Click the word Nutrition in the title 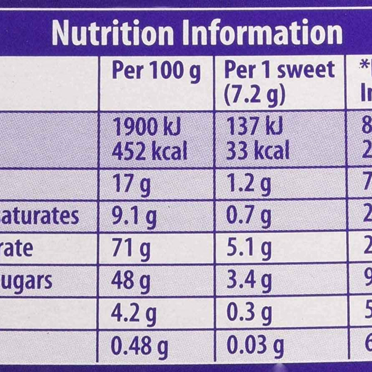point(113,33)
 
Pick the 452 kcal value point(149,151)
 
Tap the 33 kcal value point(257,151)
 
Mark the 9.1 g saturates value point(134,217)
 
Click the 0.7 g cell point(249,217)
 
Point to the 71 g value point(131,249)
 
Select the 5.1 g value point(249,249)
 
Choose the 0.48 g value point(139,346)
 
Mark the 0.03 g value point(255,346)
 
